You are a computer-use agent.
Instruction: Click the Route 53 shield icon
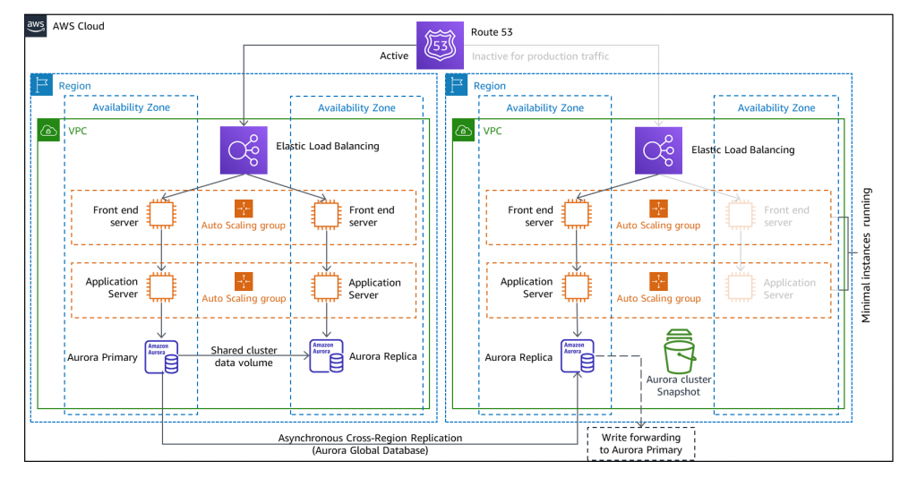(x=441, y=44)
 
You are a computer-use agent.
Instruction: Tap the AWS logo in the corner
(x=36, y=26)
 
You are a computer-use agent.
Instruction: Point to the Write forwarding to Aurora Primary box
(x=640, y=443)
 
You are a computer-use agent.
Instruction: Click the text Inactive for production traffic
(x=540, y=56)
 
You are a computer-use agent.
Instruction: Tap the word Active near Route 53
(x=394, y=56)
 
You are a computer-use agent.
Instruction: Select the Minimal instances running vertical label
(x=866, y=255)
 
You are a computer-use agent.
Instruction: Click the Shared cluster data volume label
(x=244, y=356)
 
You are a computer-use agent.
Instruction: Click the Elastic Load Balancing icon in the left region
(x=244, y=149)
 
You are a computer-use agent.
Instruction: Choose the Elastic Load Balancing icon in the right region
(x=658, y=149)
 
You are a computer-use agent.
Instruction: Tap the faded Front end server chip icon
(x=741, y=215)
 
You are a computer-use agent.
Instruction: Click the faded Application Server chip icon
(x=741, y=286)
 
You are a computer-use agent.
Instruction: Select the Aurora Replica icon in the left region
(x=325, y=357)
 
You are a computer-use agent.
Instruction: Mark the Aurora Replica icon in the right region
(x=577, y=357)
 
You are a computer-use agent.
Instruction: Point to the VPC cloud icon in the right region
(x=464, y=130)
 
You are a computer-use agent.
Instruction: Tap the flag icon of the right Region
(x=457, y=85)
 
